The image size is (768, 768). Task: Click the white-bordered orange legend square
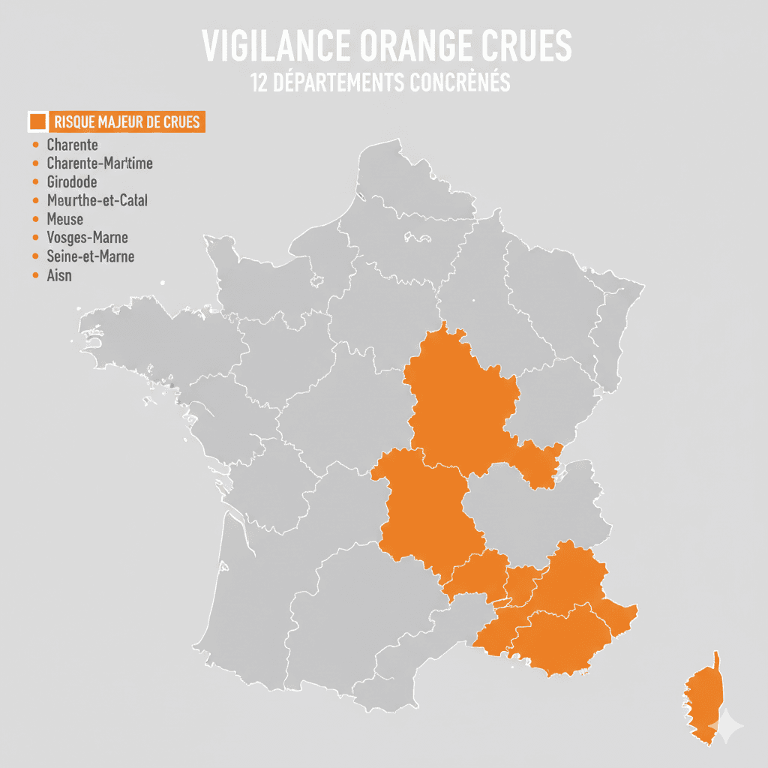point(37,121)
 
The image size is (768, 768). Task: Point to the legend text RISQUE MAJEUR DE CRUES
point(127,121)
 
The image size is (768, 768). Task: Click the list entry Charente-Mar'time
point(100,163)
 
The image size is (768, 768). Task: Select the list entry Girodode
point(71,181)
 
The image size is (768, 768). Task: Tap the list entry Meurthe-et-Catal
point(97,200)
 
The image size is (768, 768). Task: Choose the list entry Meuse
point(64,219)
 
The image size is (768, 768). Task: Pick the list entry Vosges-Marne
point(87,238)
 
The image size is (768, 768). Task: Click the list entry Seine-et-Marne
point(90,256)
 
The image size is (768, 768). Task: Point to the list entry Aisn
point(59,275)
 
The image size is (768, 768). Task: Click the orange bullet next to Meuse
point(34,219)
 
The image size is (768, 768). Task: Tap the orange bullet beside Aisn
point(34,275)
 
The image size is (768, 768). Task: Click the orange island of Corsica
point(705,697)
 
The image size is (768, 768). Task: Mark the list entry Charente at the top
point(72,144)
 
